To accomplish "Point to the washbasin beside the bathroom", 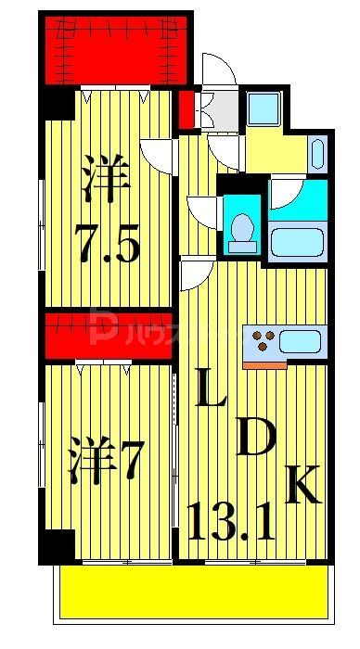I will (317, 154).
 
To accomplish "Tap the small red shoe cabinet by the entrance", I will (186, 107).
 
